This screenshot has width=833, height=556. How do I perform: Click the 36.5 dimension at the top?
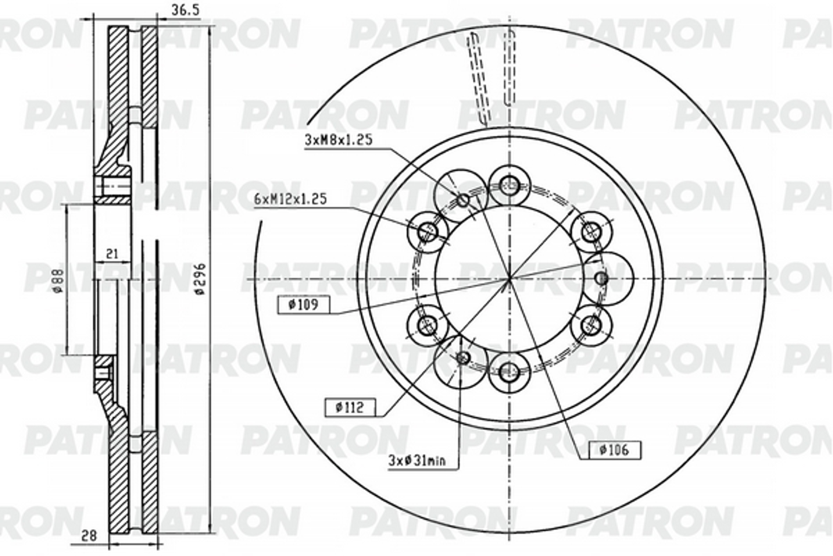click(186, 10)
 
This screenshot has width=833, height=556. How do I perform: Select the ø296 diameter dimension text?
click(201, 279)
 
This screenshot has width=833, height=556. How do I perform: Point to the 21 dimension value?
click(112, 254)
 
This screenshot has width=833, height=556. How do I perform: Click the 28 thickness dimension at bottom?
click(89, 535)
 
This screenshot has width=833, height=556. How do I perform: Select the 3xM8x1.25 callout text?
click(339, 140)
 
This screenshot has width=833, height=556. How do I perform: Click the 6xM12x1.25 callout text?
click(291, 199)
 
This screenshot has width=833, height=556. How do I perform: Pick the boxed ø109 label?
click(303, 304)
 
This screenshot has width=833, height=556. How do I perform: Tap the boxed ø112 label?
click(350, 407)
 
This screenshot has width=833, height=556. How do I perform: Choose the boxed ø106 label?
click(614, 450)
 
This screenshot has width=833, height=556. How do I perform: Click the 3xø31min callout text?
click(417, 461)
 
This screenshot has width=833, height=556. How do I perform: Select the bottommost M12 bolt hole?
click(509, 372)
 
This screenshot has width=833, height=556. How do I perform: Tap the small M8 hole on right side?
click(601, 278)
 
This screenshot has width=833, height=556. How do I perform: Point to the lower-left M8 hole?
click(462, 358)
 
